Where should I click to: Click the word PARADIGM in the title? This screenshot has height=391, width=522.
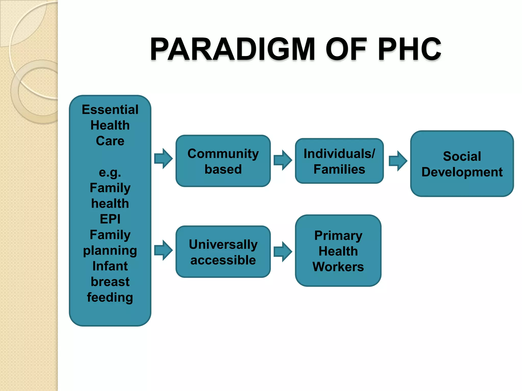tap(232, 49)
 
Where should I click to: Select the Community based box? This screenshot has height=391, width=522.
tap(223, 161)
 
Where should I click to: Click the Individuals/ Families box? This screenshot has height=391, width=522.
tap(339, 161)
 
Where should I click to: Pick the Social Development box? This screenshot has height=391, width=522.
tap(462, 164)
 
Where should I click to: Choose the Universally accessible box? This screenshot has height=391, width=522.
tap(223, 252)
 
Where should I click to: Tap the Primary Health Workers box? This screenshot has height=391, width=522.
tap(338, 251)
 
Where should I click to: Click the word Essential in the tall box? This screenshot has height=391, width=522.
tap(110, 110)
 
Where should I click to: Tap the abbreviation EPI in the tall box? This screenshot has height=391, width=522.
tap(110, 219)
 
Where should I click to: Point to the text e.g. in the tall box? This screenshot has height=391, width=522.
tap(110, 173)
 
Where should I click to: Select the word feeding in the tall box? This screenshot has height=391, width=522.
tap(110, 297)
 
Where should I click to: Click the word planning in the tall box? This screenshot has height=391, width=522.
tap(110, 251)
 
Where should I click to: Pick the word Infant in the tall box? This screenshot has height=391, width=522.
tap(110, 266)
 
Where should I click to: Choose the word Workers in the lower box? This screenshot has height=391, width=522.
tap(338, 267)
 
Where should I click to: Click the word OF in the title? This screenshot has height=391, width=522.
tap(346, 49)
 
